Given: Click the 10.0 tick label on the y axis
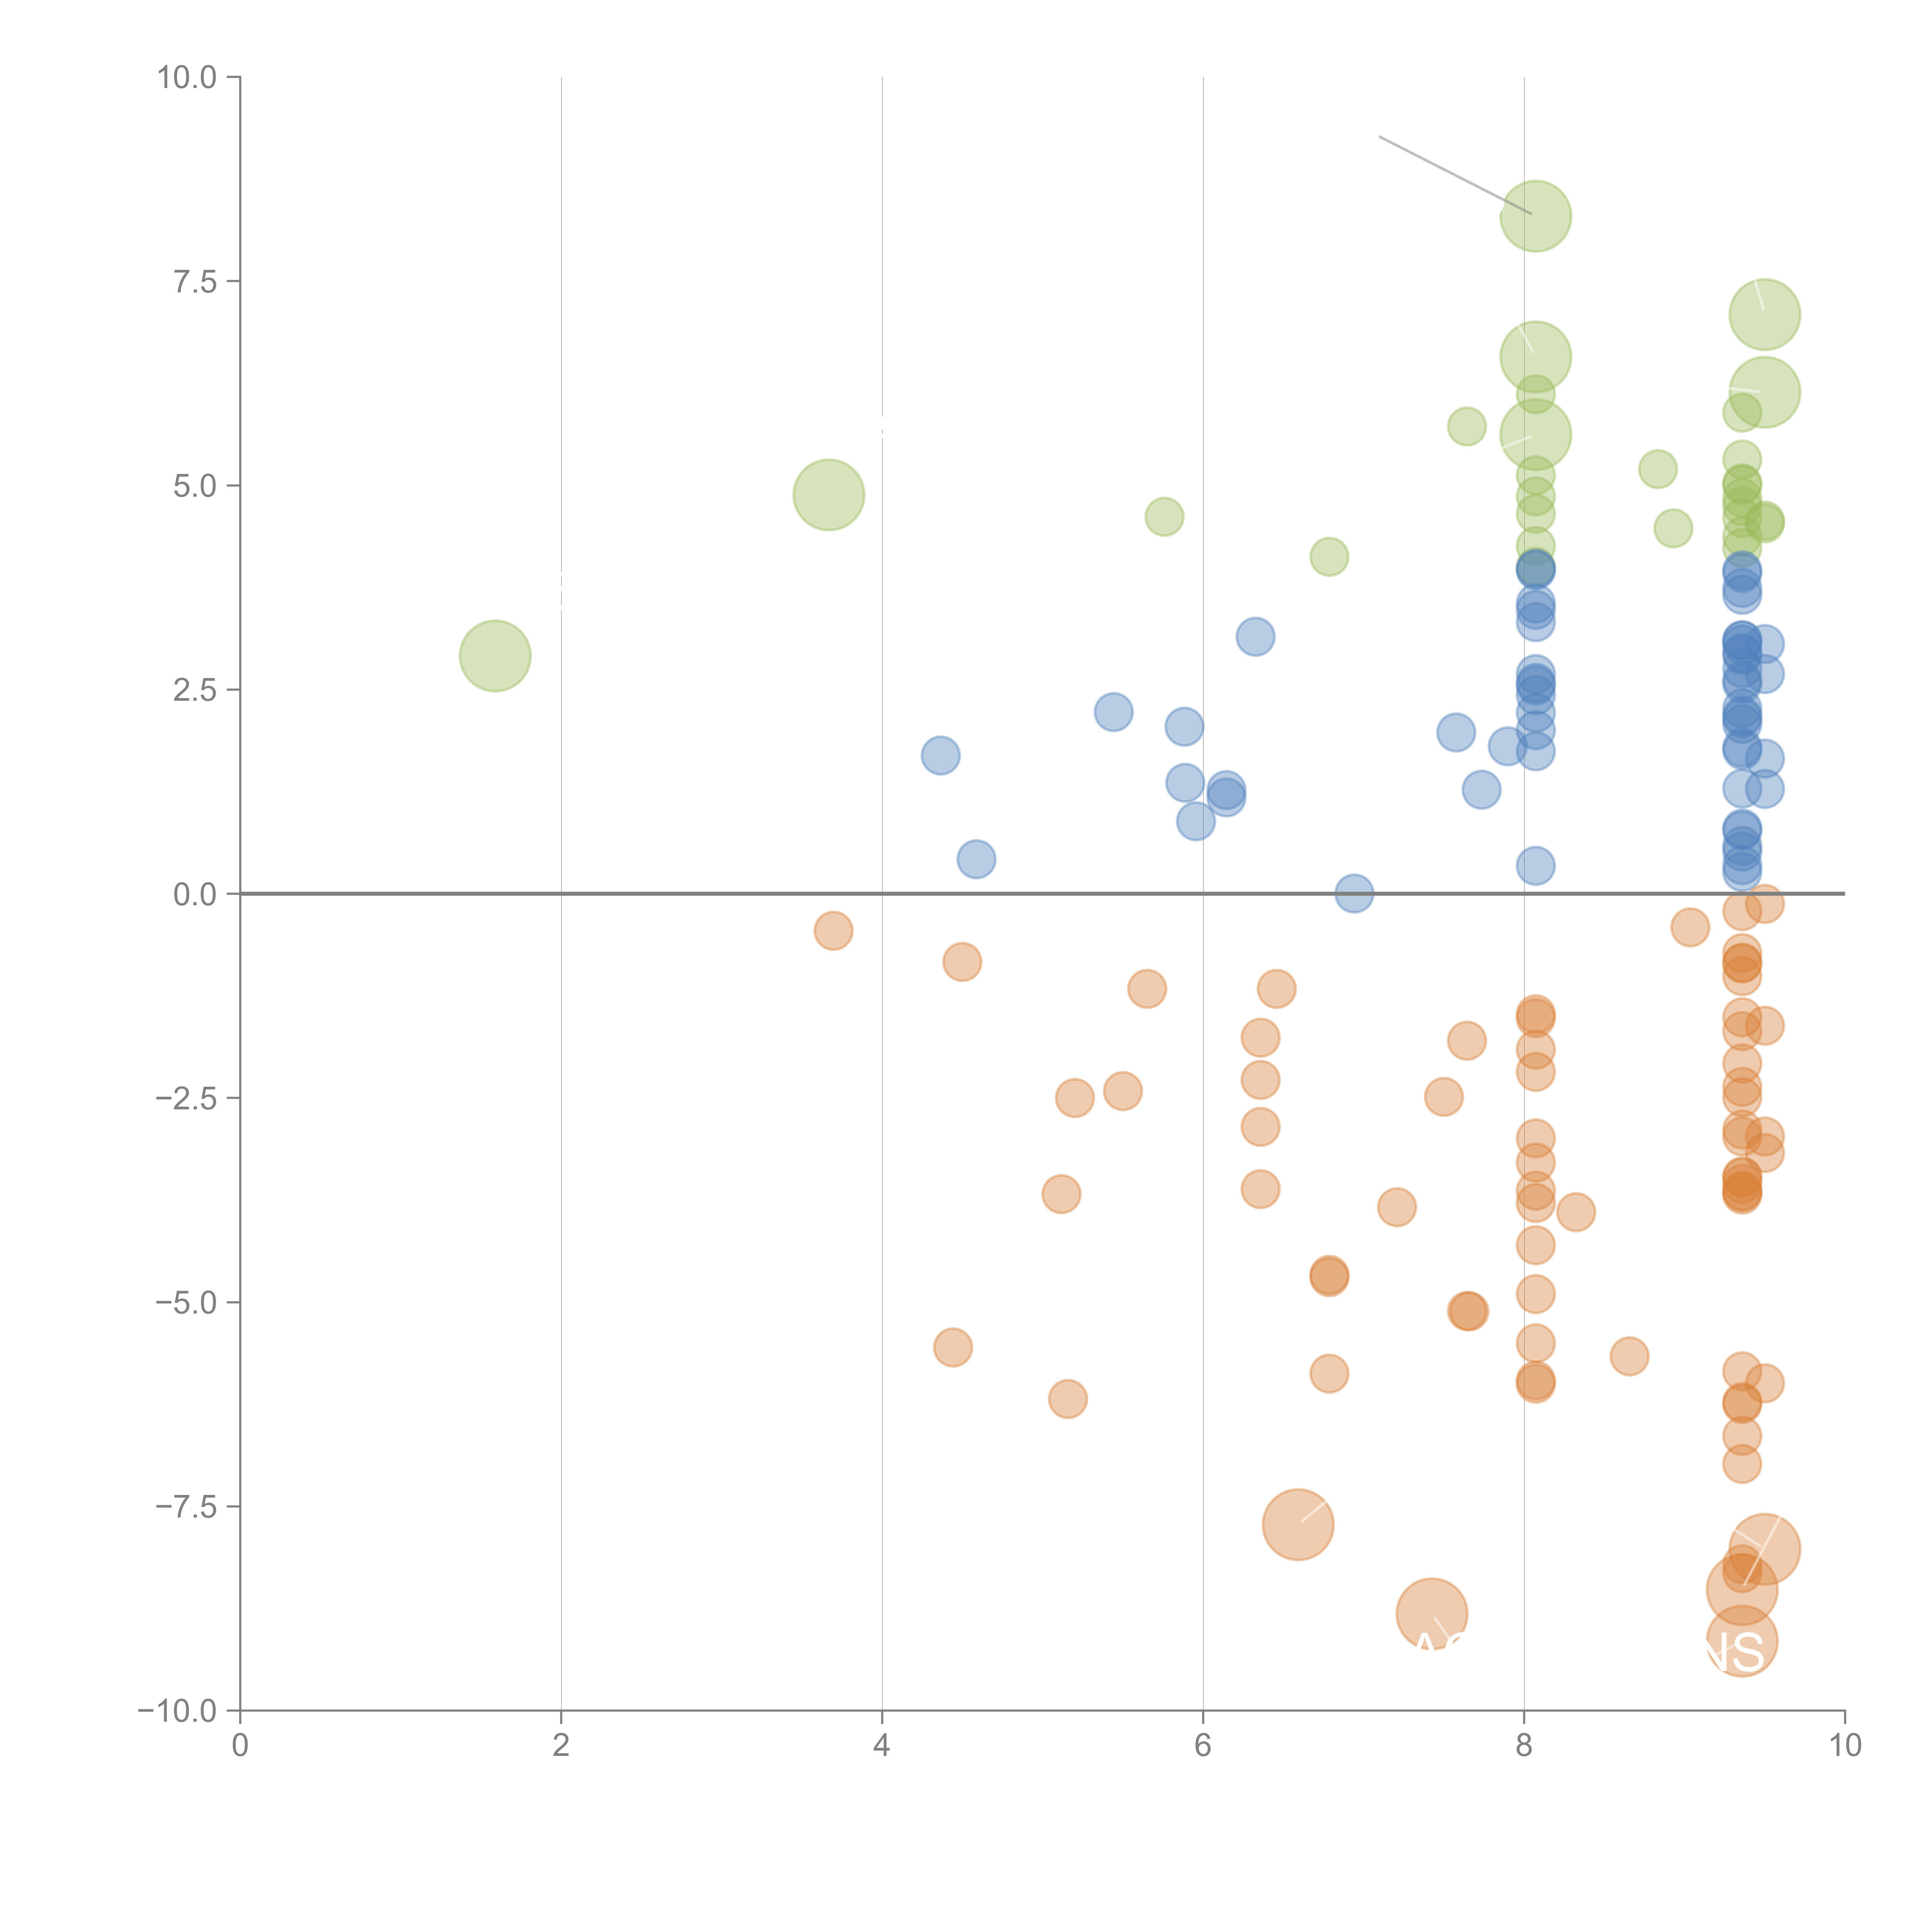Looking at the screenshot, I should (187, 78).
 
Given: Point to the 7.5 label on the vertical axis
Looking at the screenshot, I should (195, 281).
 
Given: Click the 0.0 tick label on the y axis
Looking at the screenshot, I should (195, 894).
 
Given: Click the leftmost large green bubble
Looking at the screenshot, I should (494, 655).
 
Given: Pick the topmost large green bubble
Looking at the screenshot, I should (1535, 216).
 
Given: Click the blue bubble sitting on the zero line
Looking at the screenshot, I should (1354, 893).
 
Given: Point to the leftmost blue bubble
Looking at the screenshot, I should (940, 756).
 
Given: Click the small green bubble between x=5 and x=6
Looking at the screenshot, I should (1164, 516).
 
